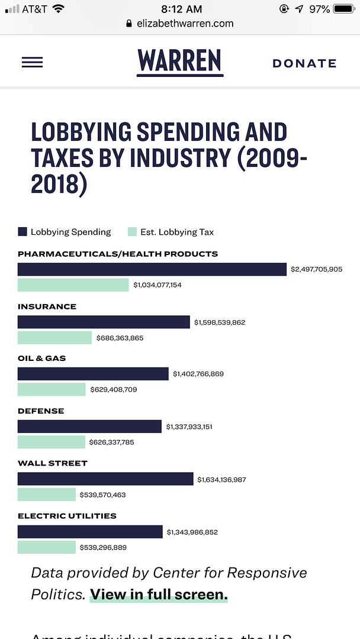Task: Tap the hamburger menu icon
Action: click(x=32, y=62)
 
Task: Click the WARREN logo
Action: click(x=180, y=61)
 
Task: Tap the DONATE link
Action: click(x=304, y=63)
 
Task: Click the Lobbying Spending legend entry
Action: click(x=65, y=232)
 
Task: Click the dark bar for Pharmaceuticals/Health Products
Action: click(x=152, y=269)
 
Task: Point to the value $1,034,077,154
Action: click(x=157, y=285)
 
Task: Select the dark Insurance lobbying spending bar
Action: click(x=104, y=322)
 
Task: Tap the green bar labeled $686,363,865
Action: click(x=54, y=338)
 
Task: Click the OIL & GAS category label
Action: click(x=42, y=359)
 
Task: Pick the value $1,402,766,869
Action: click(x=198, y=374)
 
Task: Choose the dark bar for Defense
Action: click(x=89, y=427)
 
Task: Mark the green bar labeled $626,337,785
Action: click(x=52, y=442)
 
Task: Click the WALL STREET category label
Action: click(x=53, y=463)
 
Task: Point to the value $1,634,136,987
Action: click(x=221, y=479)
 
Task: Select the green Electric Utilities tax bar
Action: click(x=47, y=547)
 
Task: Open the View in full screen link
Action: click(x=159, y=595)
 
